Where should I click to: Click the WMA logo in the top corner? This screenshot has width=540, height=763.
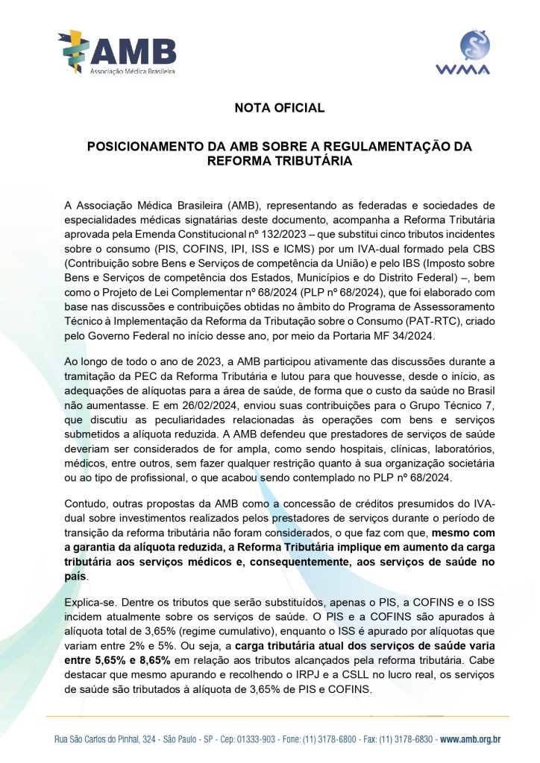[x=462, y=52]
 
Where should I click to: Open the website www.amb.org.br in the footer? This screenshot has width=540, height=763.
[x=470, y=739]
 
